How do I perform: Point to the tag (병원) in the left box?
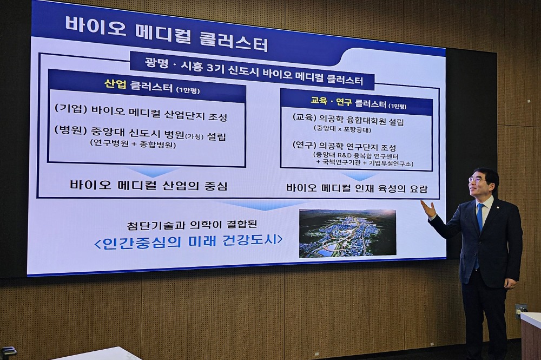coord(70,130)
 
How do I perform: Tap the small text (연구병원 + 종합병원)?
coord(133,145)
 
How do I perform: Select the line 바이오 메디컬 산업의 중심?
coord(148,186)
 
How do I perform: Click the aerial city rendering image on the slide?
coord(347,233)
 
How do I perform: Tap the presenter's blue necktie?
coord(479,217)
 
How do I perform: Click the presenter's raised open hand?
coord(428,209)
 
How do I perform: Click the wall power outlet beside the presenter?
coord(521,309)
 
